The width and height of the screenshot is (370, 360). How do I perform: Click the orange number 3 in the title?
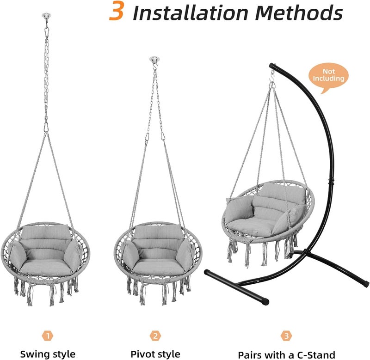[x=116, y=11]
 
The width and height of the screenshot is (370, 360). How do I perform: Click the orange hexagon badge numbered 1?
[x=48, y=336]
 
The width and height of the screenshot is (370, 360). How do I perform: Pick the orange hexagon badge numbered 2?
[x=155, y=336]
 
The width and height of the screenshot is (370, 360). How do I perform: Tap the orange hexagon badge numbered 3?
[x=286, y=336]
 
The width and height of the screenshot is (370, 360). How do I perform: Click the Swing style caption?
[x=48, y=354]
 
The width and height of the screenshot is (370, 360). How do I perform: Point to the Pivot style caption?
[x=155, y=354]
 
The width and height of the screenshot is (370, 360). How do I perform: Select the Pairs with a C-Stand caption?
[x=286, y=355]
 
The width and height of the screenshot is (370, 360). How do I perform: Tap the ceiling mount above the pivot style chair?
[x=154, y=59]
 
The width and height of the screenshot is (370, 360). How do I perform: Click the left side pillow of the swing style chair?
[x=18, y=255]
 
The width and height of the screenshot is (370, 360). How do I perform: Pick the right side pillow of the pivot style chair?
[x=185, y=255]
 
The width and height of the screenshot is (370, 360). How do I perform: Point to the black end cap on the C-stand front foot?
[x=265, y=301]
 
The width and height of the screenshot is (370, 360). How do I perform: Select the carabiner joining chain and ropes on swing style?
[x=46, y=128]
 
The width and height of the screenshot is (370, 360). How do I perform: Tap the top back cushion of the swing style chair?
[x=46, y=232]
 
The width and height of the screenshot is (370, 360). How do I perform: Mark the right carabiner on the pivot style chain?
[x=163, y=136]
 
